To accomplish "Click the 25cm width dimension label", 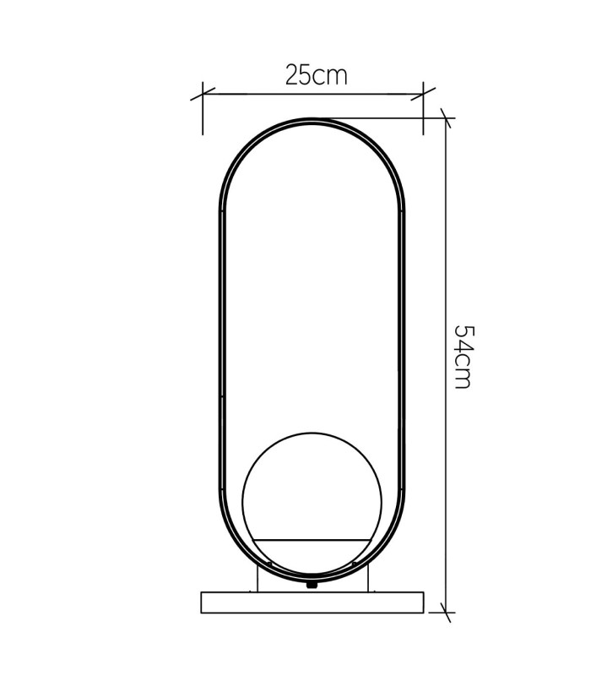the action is pos(316,75).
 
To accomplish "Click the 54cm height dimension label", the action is pos(464,357).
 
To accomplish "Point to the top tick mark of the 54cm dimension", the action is pos(446,117).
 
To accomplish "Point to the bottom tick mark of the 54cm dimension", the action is pos(446,612).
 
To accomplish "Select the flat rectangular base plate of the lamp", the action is pos(312,602).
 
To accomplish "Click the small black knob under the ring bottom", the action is pos(311,585).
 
